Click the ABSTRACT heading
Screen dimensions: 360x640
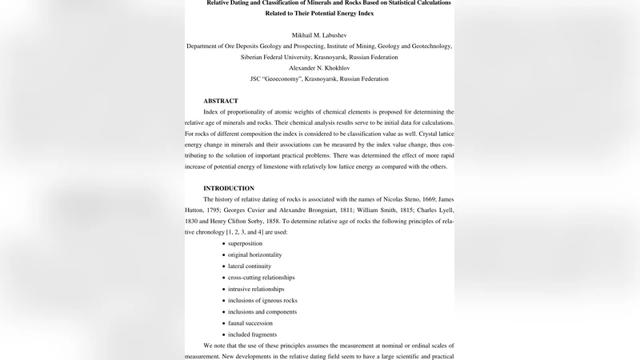pyautogui.click(x=221, y=101)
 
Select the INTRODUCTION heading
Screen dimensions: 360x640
pyautogui.click(x=229, y=188)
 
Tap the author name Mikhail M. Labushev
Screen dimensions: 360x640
pyautogui.click(x=319, y=35)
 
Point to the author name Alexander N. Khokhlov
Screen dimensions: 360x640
pyautogui.click(x=319, y=68)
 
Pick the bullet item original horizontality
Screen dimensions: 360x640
pyautogui.click(x=254, y=254)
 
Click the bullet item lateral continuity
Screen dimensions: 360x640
pyautogui.click(x=250, y=266)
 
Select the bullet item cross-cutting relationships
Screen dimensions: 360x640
pyautogui.click(x=261, y=278)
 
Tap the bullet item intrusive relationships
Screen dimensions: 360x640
pyautogui.click(x=256, y=289)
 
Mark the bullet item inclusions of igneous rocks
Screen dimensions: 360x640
pyautogui.click(x=262, y=300)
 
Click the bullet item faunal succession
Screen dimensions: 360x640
pyautogui.click(x=252, y=323)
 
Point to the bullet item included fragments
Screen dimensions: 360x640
pyautogui.click(x=253, y=334)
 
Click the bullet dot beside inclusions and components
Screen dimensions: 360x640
pyautogui.click(x=223, y=312)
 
